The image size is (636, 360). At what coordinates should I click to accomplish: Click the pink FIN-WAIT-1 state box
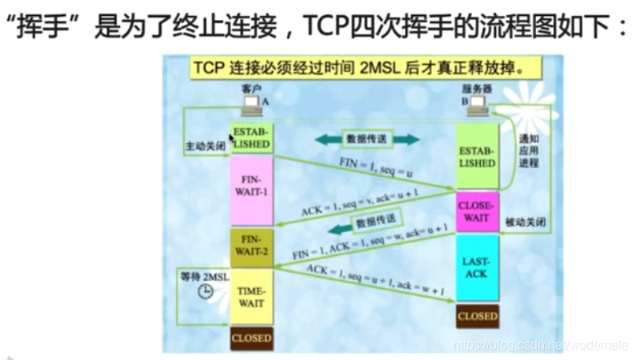tap(251, 191)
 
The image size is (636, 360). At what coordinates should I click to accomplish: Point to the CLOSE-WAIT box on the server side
tap(478, 210)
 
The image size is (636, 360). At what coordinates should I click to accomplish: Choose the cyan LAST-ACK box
tap(478, 268)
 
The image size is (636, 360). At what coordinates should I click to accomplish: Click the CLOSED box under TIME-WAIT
tap(251, 338)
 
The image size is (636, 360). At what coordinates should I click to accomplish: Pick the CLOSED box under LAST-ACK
tap(478, 316)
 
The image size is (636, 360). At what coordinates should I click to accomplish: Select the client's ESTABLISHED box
tap(251, 138)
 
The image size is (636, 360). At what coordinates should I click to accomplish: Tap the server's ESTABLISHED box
tap(478, 157)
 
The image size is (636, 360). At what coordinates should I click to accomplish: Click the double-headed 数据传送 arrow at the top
tap(366, 139)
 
